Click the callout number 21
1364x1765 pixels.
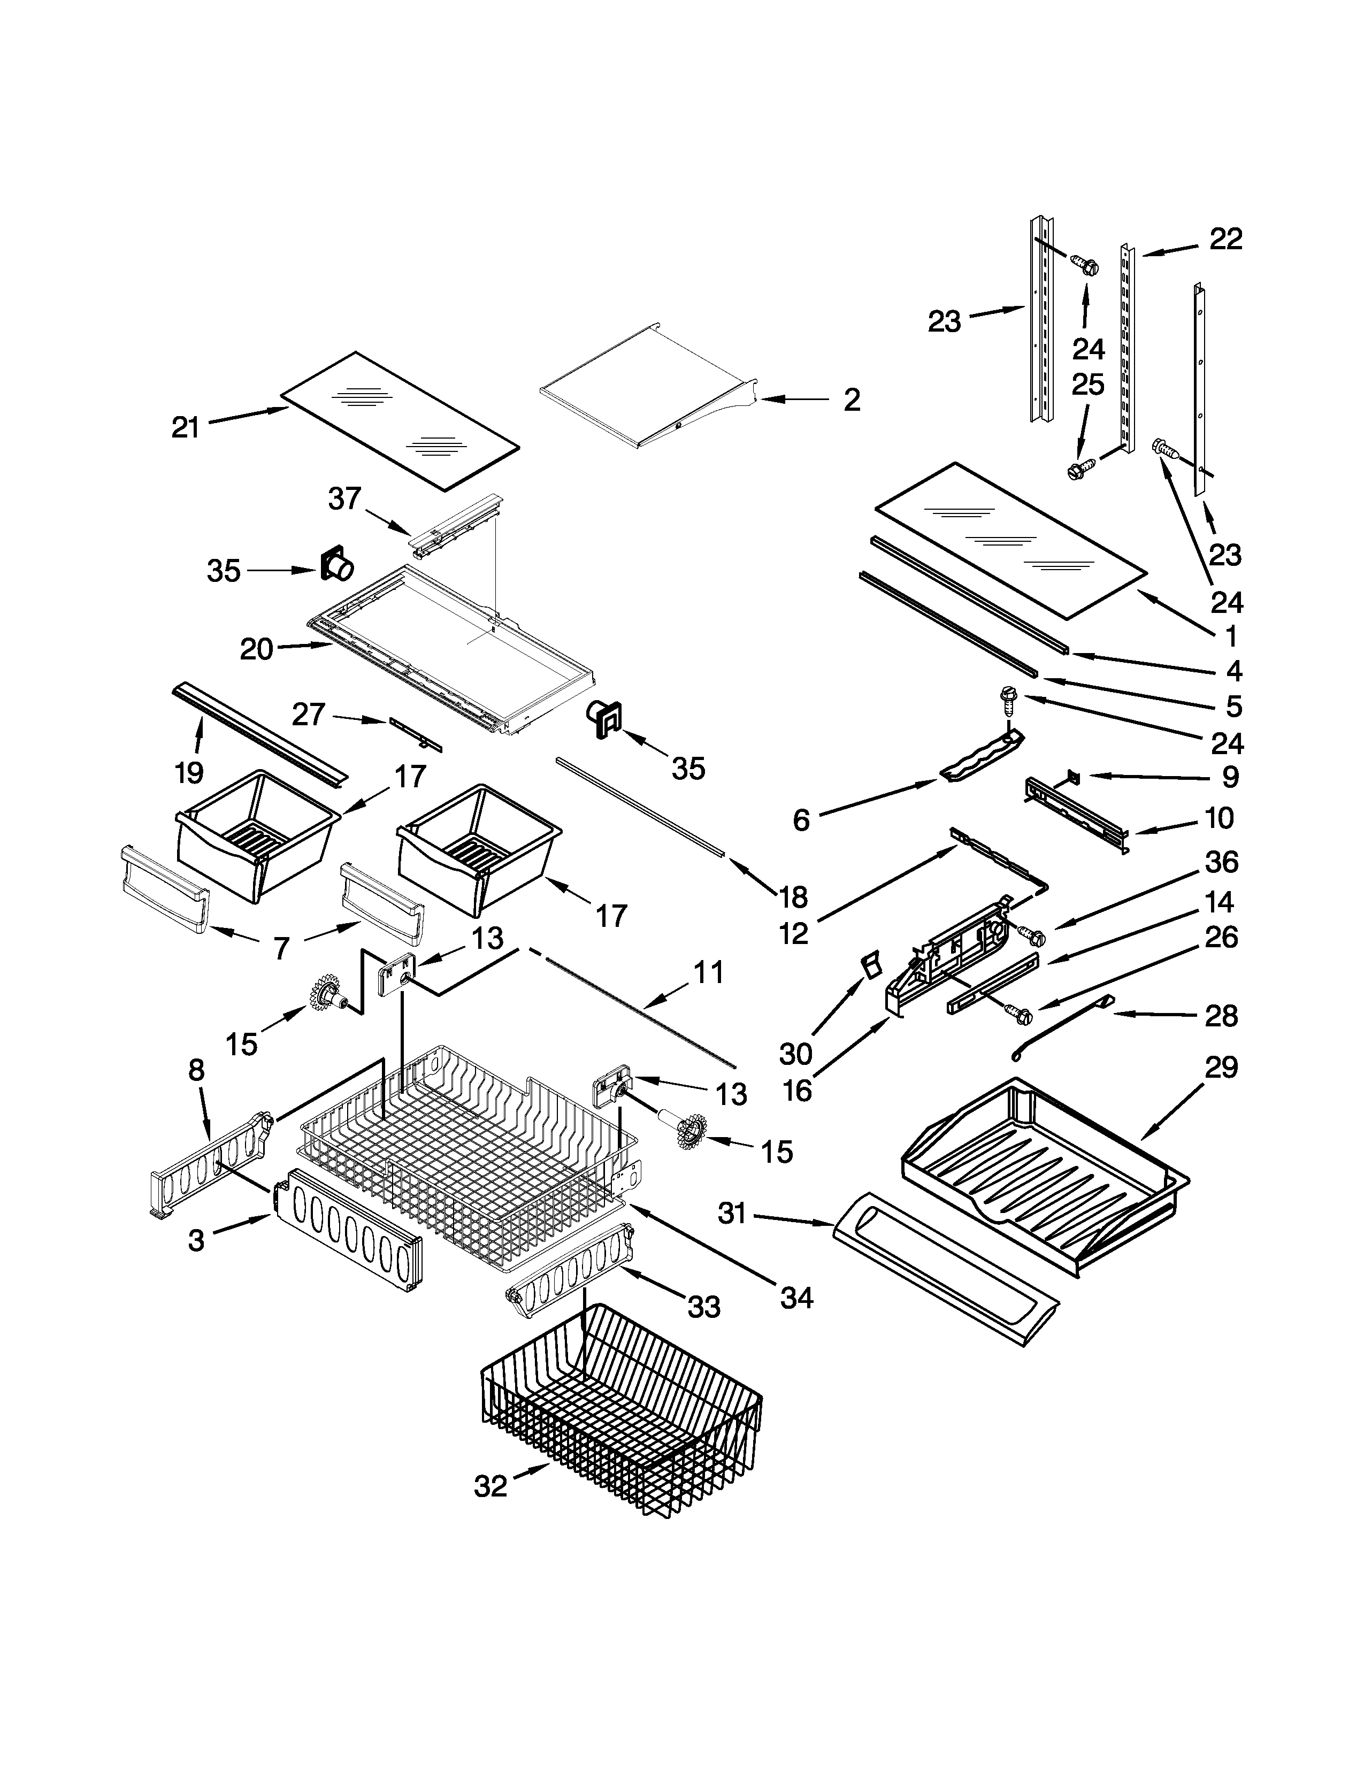pyautogui.click(x=185, y=427)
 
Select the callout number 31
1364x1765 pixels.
pyautogui.click(x=732, y=1214)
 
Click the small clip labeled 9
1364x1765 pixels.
pyautogui.click(x=1074, y=777)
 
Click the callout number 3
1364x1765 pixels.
pyautogui.click(x=196, y=1240)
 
